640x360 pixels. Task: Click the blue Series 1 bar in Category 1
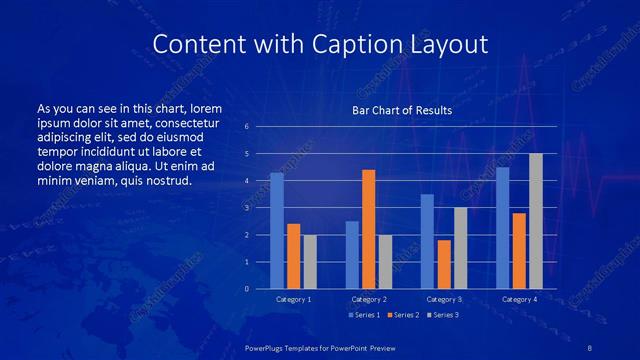[x=277, y=231]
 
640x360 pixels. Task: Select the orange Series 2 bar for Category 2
[x=368, y=229]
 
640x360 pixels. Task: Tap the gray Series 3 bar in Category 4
[x=535, y=221]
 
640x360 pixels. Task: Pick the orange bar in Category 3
[x=443, y=264]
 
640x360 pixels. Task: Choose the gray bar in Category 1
[x=310, y=262]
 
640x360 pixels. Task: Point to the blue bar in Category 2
[x=352, y=255]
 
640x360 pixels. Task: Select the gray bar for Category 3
[x=460, y=248]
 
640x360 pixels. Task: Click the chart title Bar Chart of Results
[x=402, y=110]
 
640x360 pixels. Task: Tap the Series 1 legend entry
[x=365, y=315]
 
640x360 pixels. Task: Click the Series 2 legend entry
[x=402, y=315]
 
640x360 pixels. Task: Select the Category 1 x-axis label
[x=293, y=299]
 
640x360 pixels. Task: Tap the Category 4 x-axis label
[x=518, y=299]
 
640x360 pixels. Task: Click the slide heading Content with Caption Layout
[x=320, y=45]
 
